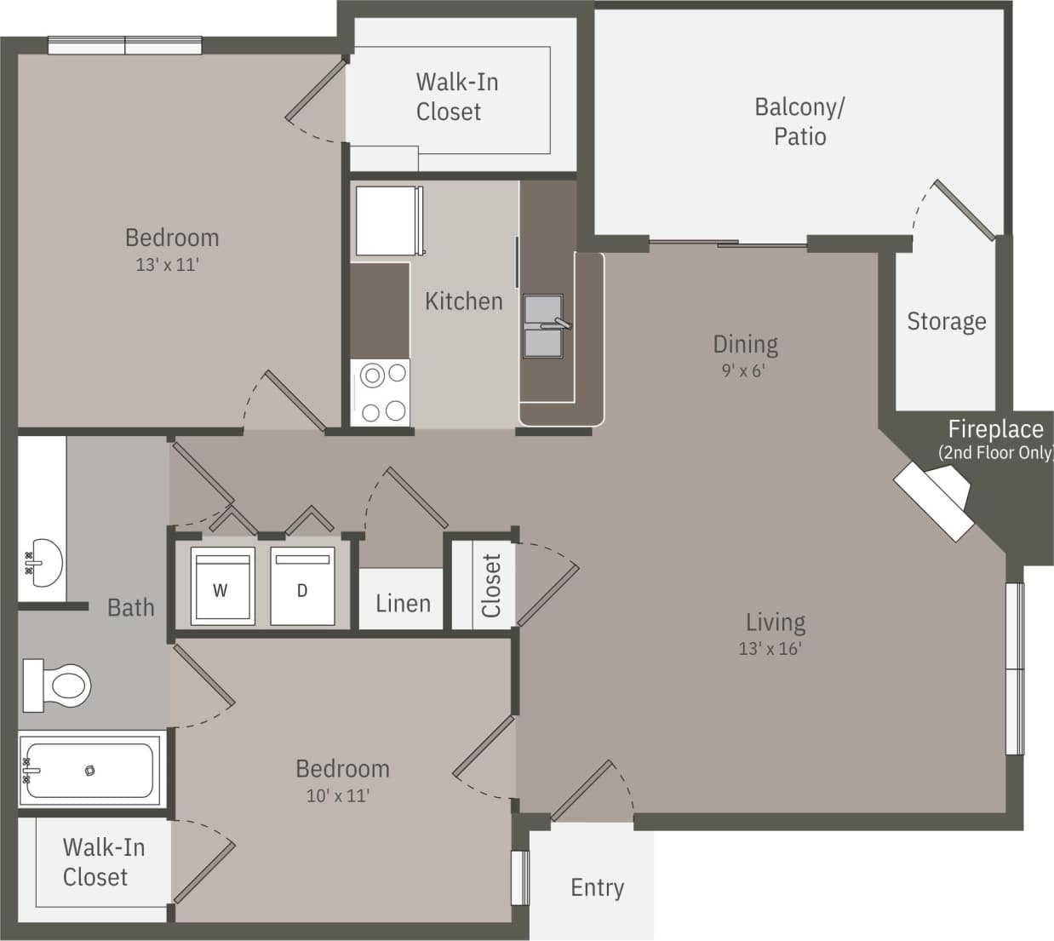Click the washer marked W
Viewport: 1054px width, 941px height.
click(221, 588)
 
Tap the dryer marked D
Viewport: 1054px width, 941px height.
click(302, 588)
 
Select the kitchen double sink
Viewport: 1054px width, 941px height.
click(543, 326)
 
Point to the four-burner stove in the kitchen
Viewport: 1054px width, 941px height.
click(381, 393)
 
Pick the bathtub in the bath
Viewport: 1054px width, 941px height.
click(90, 770)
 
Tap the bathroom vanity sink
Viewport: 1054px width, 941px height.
click(43, 562)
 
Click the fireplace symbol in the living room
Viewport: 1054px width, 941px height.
click(934, 500)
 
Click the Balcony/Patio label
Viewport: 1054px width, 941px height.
click(799, 122)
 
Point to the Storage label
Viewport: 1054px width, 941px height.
click(946, 321)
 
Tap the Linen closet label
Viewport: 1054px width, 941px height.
click(403, 604)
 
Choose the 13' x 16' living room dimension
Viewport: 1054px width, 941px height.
click(770, 649)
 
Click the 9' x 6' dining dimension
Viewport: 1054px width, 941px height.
click(743, 371)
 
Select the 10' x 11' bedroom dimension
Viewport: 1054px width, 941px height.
click(338, 796)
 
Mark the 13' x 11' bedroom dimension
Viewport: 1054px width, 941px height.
click(167, 265)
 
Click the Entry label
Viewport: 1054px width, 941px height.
click(597, 887)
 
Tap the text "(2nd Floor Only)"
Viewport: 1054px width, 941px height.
click(995, 453)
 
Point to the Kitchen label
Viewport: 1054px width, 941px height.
click(463, 301)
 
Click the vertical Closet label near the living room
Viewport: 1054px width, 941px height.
click(491, 585)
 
